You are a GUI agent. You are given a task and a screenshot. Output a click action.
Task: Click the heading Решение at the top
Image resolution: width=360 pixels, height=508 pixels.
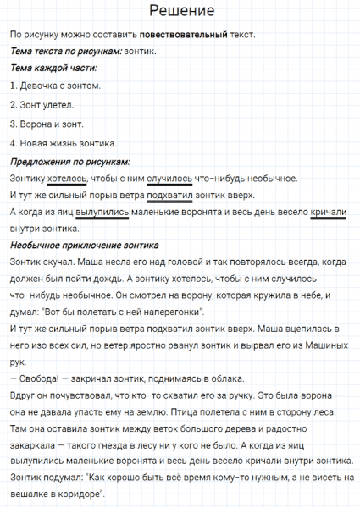point(180,11)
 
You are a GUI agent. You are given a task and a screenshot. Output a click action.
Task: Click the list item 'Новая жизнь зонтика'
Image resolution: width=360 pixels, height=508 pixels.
point(64,143)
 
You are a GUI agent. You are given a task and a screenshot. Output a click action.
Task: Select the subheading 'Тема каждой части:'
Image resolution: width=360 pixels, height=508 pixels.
point(53,68)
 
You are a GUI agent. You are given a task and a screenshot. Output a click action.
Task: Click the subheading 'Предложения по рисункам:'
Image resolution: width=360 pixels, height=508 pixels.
point(69,161)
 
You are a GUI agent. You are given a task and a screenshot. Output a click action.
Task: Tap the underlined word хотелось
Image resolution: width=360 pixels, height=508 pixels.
point(68,179)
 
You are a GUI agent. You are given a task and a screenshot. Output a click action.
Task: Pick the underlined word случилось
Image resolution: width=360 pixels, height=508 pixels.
point(169,179)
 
